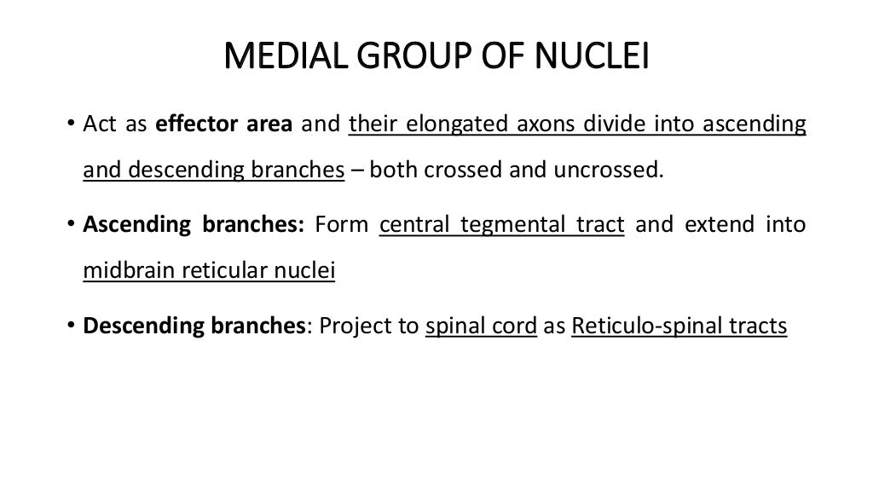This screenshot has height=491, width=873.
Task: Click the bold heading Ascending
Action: pyautogui.click(x=136, y=225)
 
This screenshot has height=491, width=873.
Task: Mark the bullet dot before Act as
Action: pyautogui.click(x=71, y=124)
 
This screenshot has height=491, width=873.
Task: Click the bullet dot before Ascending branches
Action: pyautogui.click(x=71, y=225)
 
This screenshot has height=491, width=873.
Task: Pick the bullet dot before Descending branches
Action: pyautogui.click(x=71, y=326)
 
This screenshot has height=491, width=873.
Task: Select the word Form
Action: pyautogui.click(x=341, y=225)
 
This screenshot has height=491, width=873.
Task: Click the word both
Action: pyautogui.click(x=394, y=170)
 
